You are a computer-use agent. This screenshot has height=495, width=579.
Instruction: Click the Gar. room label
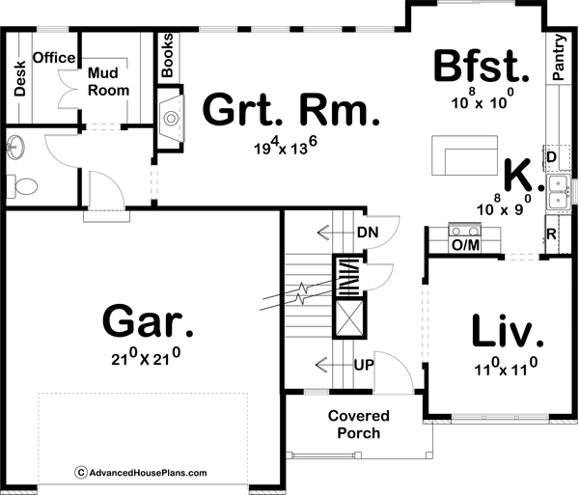pos(148,322)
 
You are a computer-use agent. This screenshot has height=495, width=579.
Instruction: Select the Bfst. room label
pos(482,67)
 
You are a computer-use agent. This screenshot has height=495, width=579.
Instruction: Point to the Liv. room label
pos(508,331)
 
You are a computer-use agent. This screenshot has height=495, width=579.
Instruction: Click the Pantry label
pos(559,58)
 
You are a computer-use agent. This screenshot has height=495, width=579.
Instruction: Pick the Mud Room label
pos(109,82)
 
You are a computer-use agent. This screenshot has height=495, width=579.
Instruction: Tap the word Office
pos(54,58)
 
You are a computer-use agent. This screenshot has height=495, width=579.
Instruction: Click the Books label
pos(168,55)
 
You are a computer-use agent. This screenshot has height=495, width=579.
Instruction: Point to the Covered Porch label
pos(358,425)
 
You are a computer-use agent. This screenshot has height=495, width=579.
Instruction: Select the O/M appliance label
pos(465,246)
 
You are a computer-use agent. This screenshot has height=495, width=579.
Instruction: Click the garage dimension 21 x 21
pos(147,358)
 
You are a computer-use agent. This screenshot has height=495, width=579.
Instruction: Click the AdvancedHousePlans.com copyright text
pos(141,473)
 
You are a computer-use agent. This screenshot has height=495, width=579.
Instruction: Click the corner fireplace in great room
pos(171,117)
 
